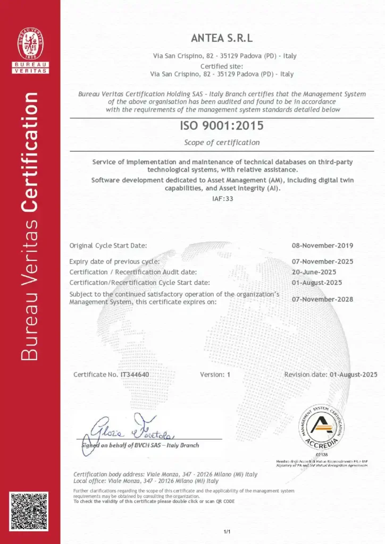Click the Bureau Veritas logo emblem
pyautogui.click(x=31, y=43)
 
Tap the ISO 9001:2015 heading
pyautogui.click(x=222, y=126)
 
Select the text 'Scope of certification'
pyautogui.click(x=222, y=142)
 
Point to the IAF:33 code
pyautogui.click(x=222, y=199)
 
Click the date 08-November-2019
pyautogui.click(x=322, y=245)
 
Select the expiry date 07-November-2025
pyautogui.click(x=322, y=261)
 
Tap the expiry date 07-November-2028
pyautogui.click(x=322, y=299)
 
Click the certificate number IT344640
pyautogui.click(x=135, y=375)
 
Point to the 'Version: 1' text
pyautogui.click(x=215, y=375)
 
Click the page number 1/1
pyautogui.click(x=227, y=531)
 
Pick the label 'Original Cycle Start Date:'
pyautogui.click(x=108, y=245)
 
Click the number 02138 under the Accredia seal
pyautogui.click(x=322, y=455)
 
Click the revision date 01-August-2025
pyautogui.click(x=353, y=375)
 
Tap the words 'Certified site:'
pyautogui.click(x=222, y=66)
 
